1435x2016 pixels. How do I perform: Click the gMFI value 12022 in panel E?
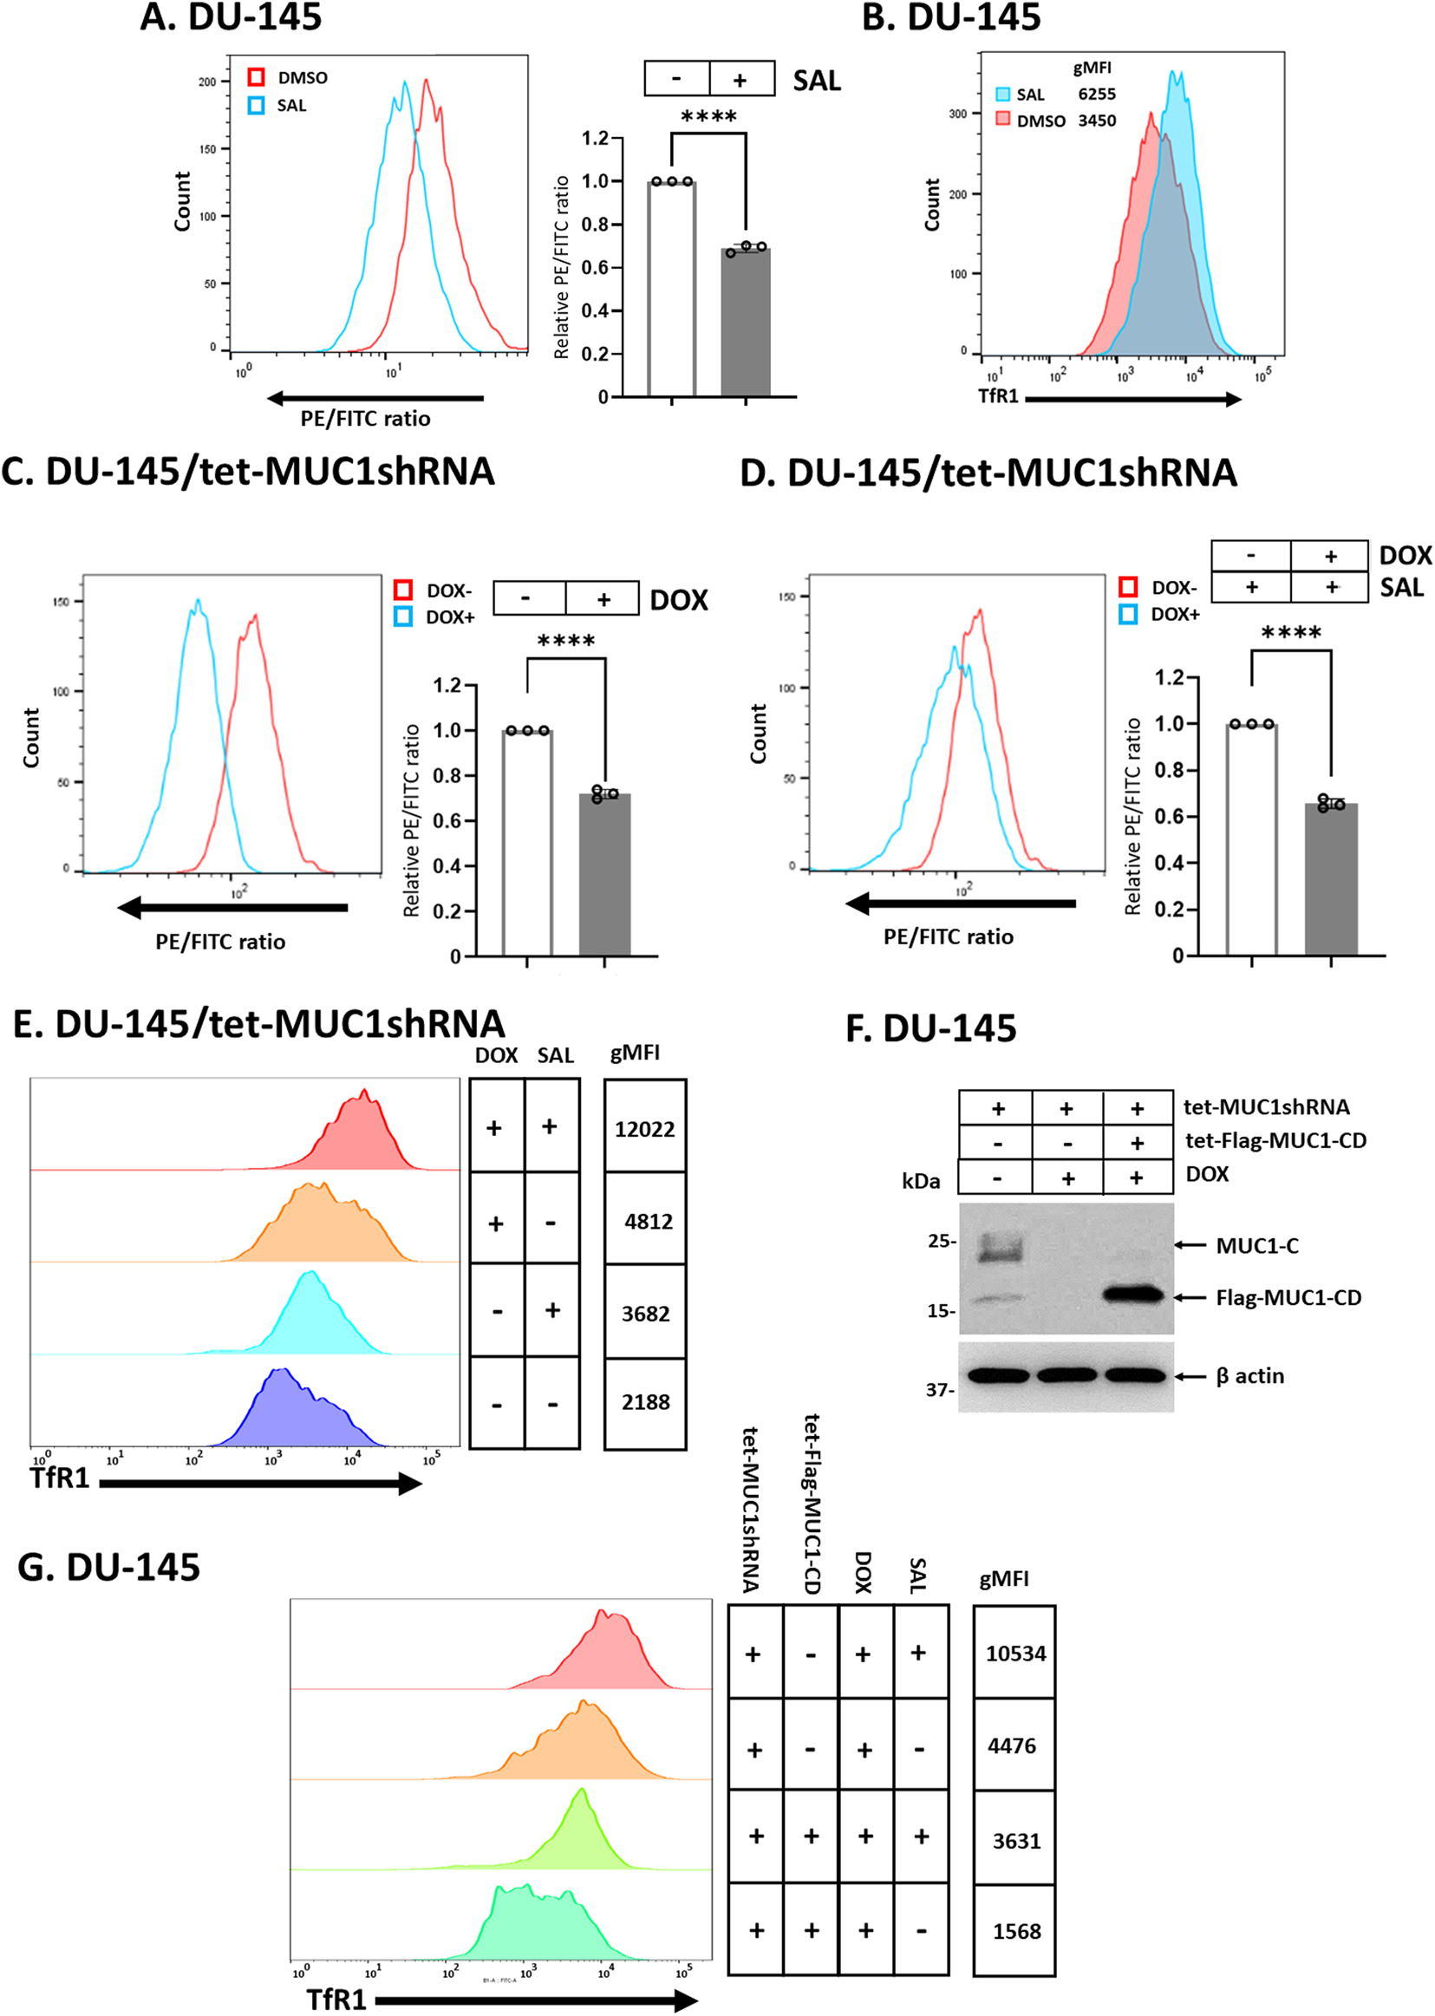pyautogui.click(x=644, y=1129)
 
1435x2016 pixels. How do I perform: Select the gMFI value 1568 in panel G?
pyautogui.click(x=1016, y=1931)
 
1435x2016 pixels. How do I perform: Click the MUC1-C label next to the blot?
pyautogui.click(x=1256, y=1246)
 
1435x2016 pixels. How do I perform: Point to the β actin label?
pyautogui.click(x=1249, y=1375)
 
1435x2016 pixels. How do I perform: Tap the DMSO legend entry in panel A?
pyautogui.click(x=303, y=78)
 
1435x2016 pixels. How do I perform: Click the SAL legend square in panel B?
pyautogui.click(x=1003, y=94)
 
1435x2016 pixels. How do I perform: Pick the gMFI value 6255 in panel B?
pyautogui.click(x=1097, y=94)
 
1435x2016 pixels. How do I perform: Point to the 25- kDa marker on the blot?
pyautogui.click(x=941, y=1241)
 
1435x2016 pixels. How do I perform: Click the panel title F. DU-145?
pyautogui.click(x=931, y=1028)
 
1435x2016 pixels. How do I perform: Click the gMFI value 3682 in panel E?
pyautogui.click(x=645, y=1314)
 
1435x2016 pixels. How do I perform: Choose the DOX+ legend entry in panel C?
pyautogui.click(x=450, y=617)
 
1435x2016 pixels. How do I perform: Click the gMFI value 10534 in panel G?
pyautogui.click(x=1015, y=1653)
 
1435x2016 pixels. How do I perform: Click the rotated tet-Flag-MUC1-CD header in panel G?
pyautogui.click(x=812, y=1503)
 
